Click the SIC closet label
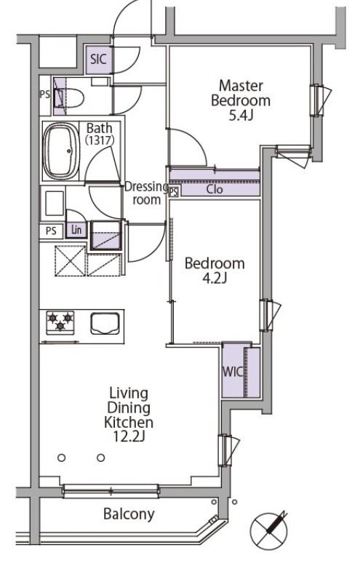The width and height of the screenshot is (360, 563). tap(98, 59)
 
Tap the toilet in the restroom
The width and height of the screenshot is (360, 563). tap(69, 97)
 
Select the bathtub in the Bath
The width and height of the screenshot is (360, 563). tap(61, 151)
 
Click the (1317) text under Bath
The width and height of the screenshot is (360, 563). tap(100, 140)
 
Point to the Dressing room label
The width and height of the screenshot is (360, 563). tap(146, 193)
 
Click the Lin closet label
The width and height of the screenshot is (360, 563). tap(76, 229)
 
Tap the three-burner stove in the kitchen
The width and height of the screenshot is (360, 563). tap(60, 322)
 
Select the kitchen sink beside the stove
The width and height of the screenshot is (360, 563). tap(105, 324)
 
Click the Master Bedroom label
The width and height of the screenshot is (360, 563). tap(241, 93)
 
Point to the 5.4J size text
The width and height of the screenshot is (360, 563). tap(241, 116)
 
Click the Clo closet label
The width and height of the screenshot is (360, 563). tap(215, 189)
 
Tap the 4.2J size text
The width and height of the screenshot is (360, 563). tap(215, 279)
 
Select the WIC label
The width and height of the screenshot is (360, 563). tap(233, 372)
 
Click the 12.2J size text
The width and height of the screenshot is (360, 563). tap(129, 436)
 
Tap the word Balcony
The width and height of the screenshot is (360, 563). tap(129, 514)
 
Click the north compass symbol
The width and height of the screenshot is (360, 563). tap(269, 529)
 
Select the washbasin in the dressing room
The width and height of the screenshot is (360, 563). tap(54, 204)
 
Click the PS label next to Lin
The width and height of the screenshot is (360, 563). tap(51, 231)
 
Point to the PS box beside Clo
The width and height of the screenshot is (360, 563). tap(174, 192)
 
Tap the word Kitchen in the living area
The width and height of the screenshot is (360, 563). tap(129, 422)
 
